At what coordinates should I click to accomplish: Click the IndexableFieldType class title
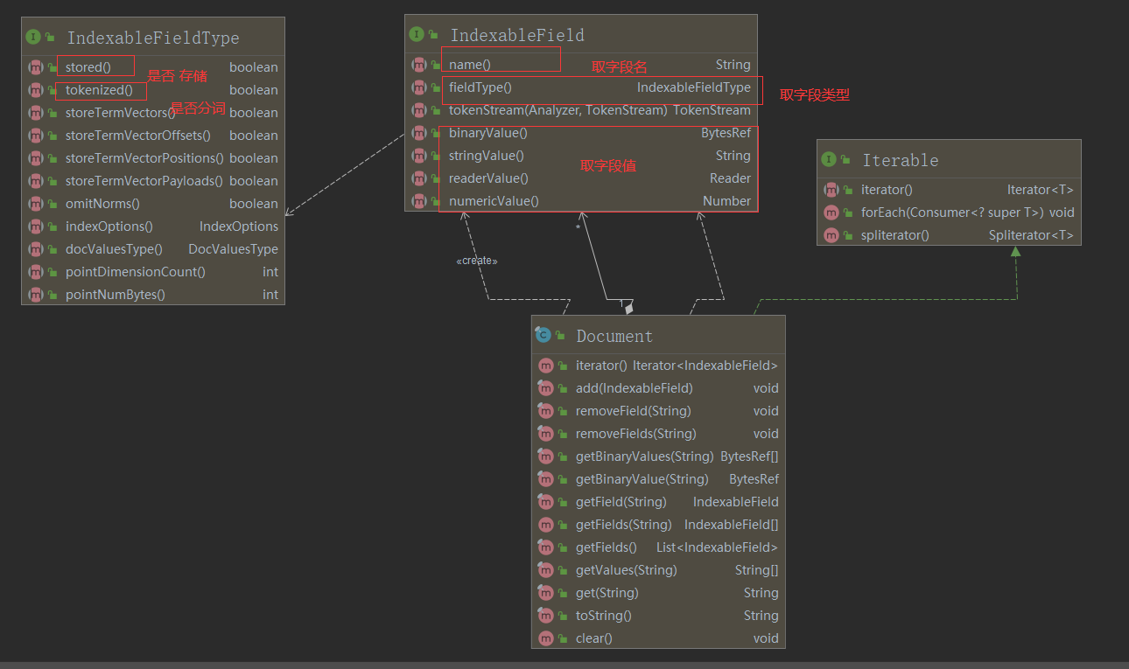[152, 38]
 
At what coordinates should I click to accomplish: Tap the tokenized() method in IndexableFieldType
[99, 90]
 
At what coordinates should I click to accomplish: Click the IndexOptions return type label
[238, 226]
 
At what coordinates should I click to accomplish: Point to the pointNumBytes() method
[115, 295]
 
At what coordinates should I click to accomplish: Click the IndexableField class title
[516, 35]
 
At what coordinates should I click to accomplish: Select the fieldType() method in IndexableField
[480, 87]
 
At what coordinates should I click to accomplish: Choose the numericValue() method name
[494, 201]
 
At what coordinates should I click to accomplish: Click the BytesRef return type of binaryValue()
[726, 133]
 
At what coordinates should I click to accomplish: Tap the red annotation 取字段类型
[814, 95]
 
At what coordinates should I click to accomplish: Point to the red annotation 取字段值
[607, 166]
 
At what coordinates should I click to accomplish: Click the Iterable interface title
[900, 160]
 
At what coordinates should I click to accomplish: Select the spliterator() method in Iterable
[894, 235]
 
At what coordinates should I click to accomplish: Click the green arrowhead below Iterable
[1015, 251]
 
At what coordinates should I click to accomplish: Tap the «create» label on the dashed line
[477, 261]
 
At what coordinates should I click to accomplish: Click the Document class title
[614, 336]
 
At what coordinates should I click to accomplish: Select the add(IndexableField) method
[634, 388]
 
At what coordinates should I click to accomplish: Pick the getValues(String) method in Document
[626, 570]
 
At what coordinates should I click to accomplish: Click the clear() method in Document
[593, 638]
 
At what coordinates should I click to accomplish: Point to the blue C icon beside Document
[543, 336]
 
